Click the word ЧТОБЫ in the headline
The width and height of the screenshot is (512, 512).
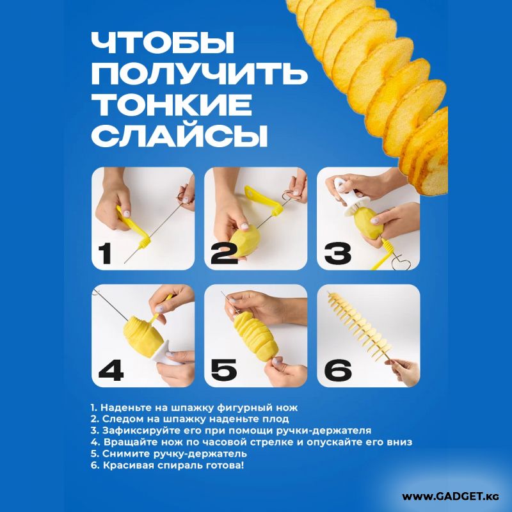(x=163, y=42)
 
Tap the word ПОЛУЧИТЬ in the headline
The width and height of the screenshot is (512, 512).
(x=199, y=74)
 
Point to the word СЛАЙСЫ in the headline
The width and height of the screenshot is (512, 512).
(x=180, y=136)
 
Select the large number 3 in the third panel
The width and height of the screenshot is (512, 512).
(x=338, y=253)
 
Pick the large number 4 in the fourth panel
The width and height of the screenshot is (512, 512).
(x=111, y=371)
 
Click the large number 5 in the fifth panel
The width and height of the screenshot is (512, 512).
(x=223, y=371)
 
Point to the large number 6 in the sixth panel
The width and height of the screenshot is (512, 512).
(x=338, y=371)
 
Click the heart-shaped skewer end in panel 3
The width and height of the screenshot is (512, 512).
(x=401, y=263)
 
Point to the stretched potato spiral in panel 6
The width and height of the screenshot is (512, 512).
(x=358, y=326)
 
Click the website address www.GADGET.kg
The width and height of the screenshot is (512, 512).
(x=451, y=497)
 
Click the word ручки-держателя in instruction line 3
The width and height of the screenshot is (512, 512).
(x=324, y=431)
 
